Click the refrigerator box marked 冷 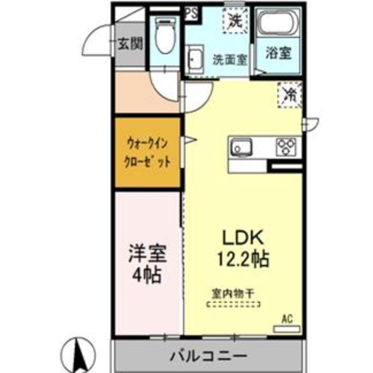(289, 94)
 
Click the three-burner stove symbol (286, 146)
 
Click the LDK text (244, 238)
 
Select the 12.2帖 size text (244, 258)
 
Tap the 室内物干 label (233, 294)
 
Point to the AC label (287, 319)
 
